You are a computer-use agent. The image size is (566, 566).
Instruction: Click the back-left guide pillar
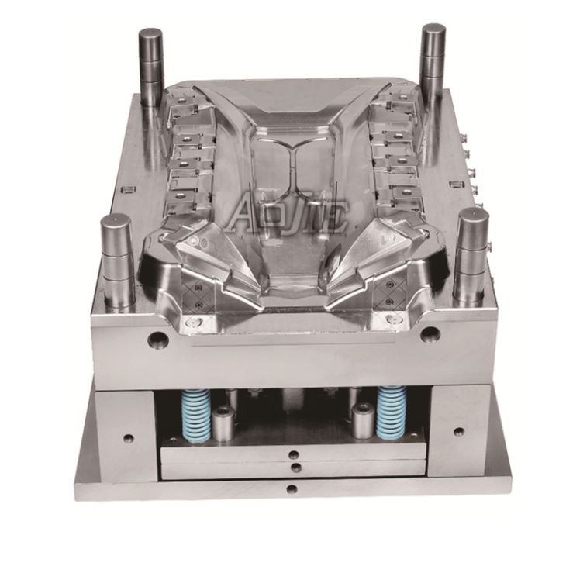(x=151, y=67)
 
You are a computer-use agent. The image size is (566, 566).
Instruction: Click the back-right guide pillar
(x=433, y=62)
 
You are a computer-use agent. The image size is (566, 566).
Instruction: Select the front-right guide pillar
(x=471, y=257)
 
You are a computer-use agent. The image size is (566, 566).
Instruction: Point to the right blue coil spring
(x=392, y=412)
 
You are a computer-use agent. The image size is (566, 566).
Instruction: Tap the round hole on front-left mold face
(x=158, y=338)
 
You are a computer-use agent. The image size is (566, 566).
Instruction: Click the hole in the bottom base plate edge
(x=292, y=489)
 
